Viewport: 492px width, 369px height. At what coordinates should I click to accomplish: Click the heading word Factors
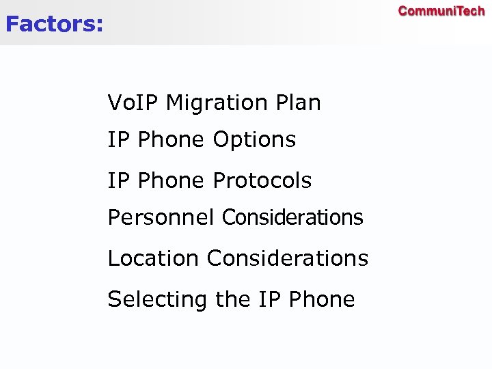click(x=51, y=25)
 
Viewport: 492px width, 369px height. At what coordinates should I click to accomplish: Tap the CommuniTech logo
click(x=441, y=11)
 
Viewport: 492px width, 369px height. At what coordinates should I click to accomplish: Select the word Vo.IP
click(x=133, y=103)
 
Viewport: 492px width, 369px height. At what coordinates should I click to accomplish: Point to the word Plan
click(x=298, y=103)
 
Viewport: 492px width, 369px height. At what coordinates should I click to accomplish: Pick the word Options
click(x=254, y=141)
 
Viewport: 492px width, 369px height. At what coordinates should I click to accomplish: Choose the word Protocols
click(x=262, y=181)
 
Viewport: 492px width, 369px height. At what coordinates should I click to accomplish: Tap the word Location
click(x=154, y=258)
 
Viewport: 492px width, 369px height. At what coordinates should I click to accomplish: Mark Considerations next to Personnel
click(x=292, y=218)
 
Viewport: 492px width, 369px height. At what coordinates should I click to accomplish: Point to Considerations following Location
click(x=287, y=258)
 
